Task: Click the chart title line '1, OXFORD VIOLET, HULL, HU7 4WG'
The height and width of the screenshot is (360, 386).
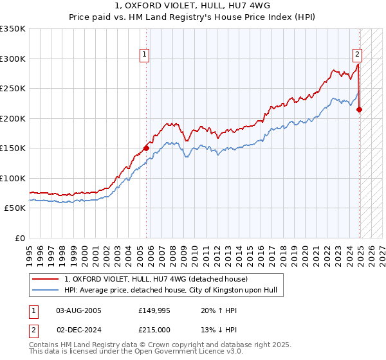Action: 192,6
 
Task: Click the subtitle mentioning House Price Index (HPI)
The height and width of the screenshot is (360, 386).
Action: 192,17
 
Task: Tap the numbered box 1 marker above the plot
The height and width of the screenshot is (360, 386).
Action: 145,55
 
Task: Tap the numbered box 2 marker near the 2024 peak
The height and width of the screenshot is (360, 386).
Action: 357,55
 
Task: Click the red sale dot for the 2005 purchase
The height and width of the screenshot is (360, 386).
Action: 146,148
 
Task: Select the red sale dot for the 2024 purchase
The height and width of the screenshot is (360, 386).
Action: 359,109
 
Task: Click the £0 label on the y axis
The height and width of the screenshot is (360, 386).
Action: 19,238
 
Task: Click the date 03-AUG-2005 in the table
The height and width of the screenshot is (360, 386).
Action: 79,310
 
